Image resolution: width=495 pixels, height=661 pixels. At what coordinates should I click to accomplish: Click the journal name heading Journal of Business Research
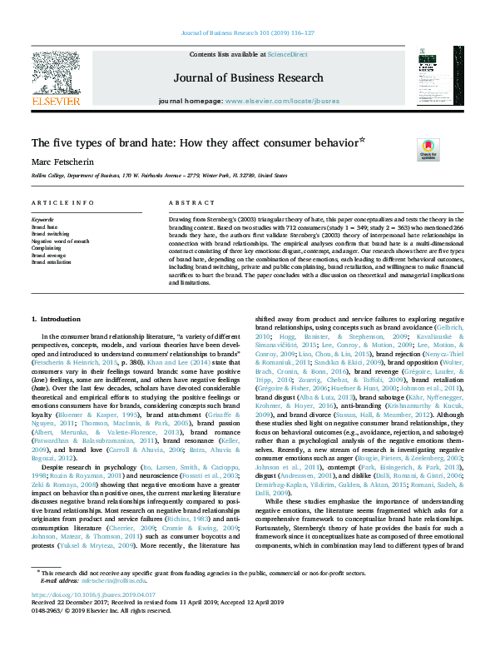coord(248,78)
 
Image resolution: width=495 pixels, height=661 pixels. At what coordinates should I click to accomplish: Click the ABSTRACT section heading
coord(186,203)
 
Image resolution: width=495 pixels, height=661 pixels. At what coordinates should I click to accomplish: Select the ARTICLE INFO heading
coord(62,203)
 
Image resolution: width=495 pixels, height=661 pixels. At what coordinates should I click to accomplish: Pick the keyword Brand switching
coord(51,233)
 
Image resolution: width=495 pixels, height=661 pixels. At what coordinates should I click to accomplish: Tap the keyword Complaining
coord(46,247)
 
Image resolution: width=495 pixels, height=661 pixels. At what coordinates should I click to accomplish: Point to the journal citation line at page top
coord(247,33)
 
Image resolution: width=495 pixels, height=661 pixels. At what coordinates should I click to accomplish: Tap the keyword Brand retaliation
coord(51,261)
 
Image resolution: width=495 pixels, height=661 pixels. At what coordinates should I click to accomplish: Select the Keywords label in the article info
coord(42,220)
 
